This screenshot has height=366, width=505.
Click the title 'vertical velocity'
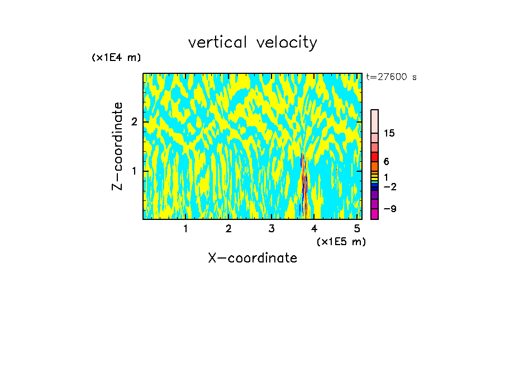(252, 43)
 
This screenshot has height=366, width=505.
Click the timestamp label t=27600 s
(391, 77)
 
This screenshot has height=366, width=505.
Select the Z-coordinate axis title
(117, 146)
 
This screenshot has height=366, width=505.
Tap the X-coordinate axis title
(252, 258)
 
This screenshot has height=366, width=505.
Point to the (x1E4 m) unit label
(116, 58)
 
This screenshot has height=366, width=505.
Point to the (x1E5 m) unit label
(341, 241)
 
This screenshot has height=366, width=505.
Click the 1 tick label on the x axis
(185, 228)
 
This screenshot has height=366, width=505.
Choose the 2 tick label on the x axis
(228, 228)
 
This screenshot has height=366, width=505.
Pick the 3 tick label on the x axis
(271, 228)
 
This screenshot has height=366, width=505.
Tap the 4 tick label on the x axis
(314, 228)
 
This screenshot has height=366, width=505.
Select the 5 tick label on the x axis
(357, 228)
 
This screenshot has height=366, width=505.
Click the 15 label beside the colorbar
(389, 133)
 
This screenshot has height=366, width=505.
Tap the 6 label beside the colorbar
(386, 161)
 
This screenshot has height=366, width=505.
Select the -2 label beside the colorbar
(389, 186)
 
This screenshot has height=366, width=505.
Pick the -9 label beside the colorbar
(389, 209)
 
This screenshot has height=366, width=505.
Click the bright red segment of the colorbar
(374, 157)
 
